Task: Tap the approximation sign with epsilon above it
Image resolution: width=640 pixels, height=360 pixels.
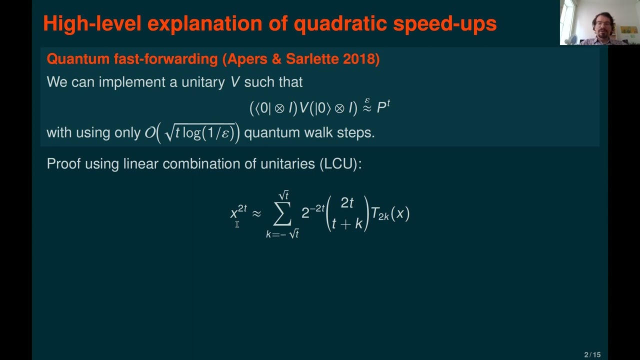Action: point(367,106)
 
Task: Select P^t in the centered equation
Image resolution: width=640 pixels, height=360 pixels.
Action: point(383,107)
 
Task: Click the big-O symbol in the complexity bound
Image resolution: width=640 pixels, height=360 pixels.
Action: point(149,133)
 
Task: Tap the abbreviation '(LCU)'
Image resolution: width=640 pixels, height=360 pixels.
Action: point(340,164)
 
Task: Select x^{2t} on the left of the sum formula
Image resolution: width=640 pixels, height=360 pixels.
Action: point(238,212)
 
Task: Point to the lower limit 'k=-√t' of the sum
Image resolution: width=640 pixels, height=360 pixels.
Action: point(282,233)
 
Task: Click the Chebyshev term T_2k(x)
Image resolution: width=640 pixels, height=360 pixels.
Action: point(390,214)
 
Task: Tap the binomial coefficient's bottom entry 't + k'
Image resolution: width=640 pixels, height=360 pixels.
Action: point(347,223)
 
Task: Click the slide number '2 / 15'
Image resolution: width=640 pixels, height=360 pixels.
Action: point(592,355)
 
